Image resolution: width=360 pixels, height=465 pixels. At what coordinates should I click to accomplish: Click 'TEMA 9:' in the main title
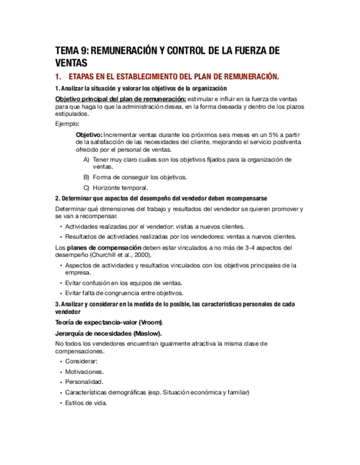click(x=71, y=52)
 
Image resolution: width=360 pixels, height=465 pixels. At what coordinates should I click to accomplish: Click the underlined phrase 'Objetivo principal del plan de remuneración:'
click(x=120, y=98)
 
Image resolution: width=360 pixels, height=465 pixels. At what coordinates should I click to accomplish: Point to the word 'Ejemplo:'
click(x=67, y=124)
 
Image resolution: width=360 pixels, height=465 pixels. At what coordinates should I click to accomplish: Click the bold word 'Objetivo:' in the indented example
click(x=88, y=134)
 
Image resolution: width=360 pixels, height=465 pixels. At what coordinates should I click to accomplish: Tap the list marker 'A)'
click(x=87, y=160)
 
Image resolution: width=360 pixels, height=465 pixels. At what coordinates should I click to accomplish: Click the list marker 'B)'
click(x=87, y=177)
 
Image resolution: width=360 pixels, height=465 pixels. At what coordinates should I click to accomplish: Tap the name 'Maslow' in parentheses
click(x=153, y=333)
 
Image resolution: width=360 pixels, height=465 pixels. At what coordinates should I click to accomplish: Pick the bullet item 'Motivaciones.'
click(x=85, y=372)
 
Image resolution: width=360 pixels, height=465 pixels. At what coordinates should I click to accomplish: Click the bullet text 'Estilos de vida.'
click(x=86, y=402)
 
